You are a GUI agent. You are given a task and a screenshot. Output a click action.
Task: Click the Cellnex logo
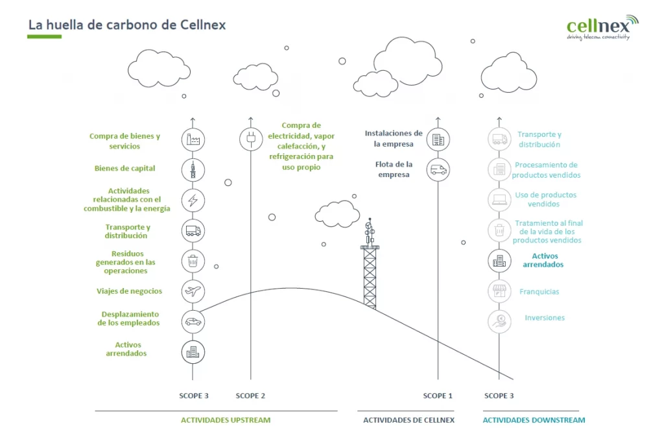click(602, 27)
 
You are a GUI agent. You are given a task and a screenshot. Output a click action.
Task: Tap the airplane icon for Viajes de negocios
click(193, 291)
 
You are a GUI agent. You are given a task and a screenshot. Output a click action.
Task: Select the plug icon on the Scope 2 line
click(251, 139)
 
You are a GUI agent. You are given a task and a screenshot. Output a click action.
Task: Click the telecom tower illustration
click(370, 263)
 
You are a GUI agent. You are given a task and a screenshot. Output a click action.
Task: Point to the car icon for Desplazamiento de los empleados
click(193, 322)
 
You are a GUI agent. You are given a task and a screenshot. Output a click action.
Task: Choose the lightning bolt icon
click(193, 200)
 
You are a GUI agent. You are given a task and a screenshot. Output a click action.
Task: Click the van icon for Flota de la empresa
click(438, 170)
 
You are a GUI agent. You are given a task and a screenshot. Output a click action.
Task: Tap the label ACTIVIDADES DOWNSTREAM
click(534, 420)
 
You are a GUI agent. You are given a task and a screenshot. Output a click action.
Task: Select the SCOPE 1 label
click(438, 396)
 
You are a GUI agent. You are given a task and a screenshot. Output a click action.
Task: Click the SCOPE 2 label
click(250, 396)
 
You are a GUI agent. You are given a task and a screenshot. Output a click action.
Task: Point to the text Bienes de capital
click(125, 168)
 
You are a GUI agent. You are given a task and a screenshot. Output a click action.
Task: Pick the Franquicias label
click(539, 291)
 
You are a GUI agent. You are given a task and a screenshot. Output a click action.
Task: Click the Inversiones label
click(545, 318)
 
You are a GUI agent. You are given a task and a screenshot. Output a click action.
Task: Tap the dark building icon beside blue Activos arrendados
click(499, 261)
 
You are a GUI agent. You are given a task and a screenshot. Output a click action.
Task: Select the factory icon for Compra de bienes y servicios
click(193, 139)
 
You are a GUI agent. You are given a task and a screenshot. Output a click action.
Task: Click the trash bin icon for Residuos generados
click(193, 261)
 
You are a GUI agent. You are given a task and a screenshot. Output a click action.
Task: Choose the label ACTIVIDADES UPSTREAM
click(226, 420)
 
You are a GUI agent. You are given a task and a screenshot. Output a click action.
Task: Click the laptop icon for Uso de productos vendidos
click(499, 200)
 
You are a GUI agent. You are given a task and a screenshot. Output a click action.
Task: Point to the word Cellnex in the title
click(203, 25)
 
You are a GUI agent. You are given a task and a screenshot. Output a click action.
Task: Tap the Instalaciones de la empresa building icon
click(438, 139)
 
